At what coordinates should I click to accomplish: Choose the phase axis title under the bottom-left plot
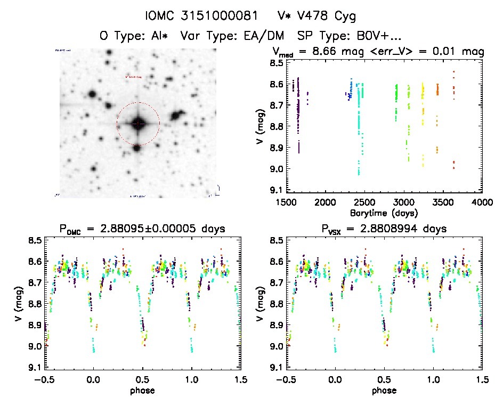pos(143,391)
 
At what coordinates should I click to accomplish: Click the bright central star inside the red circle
pos(137,124)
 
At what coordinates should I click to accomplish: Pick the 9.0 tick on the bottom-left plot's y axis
pos(35,346)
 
